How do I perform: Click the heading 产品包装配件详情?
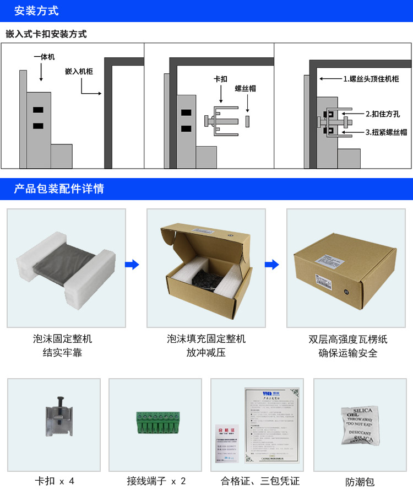click(x=59, y=189)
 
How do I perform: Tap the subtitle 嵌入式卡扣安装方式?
click(x=46, y=34)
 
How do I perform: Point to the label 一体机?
click(x=44, y=57)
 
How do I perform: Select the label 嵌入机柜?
click(x=79, y=72)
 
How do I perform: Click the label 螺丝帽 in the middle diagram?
click(x=246, y=88)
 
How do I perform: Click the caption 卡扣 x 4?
click(x=54, y=481)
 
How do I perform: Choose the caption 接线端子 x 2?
click(x=156, y=481)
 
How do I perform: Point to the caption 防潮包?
click(x=360, y=482)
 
